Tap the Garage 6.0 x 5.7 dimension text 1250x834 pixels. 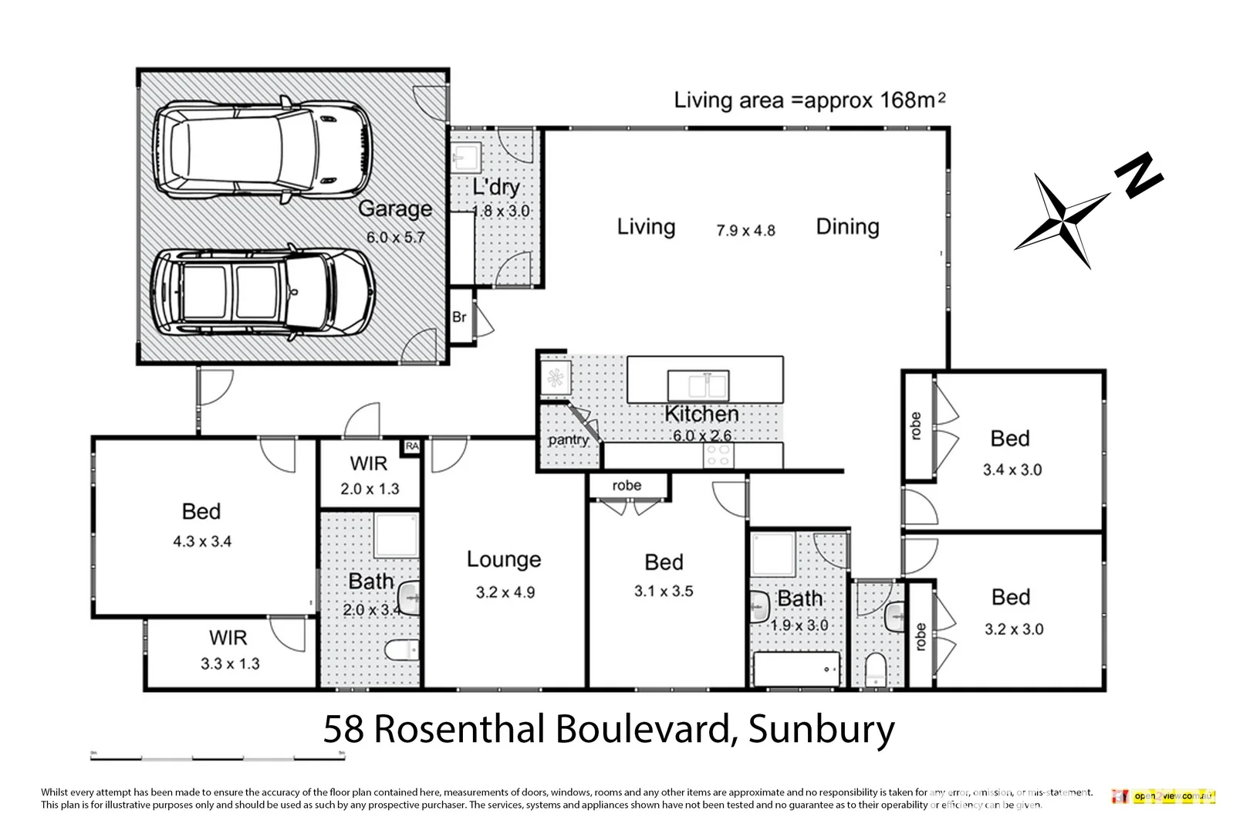[x=395, y=238]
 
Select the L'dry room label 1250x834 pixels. [x=496, y=187]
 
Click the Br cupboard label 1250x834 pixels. [x=459, y=317]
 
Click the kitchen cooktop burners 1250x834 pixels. [x=718, y=456]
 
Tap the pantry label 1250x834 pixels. [x=568, y=440]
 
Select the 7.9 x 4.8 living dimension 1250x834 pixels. [x=745, y=230]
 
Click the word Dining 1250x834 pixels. [x=847, y=226]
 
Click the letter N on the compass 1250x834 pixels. [x=1138, y=177]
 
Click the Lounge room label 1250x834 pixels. [x=504, y=559]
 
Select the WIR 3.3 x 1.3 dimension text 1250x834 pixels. [x=230, y=663]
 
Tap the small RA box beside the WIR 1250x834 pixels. [x=411, y=446]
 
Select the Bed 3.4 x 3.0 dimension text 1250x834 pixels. [x=1012, y=470]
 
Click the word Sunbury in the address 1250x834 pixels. [x=821, y=729]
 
